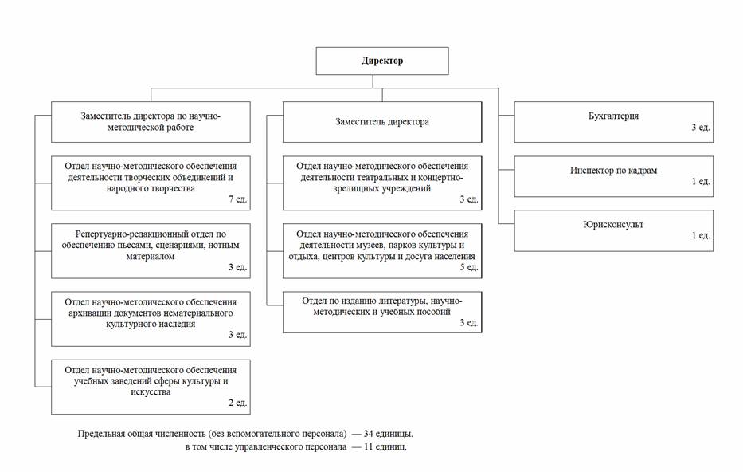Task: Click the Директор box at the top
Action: pos(382,61)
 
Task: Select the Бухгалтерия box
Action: pos(614,122)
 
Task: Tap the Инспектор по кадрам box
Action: pos(614,176)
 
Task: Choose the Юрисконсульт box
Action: pos(614,230)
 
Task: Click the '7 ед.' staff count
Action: pos(238,199)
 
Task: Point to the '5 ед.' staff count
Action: pos(469,267)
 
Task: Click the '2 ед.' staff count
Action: pos(238,403)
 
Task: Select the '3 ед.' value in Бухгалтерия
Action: pos(701,127)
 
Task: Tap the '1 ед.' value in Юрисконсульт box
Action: pos(701,235)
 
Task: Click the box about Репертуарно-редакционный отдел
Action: pos(151,251)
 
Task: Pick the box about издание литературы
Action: pos(382,312)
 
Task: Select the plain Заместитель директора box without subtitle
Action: pos(382,122)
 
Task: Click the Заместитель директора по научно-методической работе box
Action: pos(151,122)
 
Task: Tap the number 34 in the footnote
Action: pos(369,434)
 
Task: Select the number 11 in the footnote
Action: pos(369,446)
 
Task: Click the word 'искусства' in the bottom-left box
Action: pos(151,392)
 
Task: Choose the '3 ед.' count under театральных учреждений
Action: pos(469,199)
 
